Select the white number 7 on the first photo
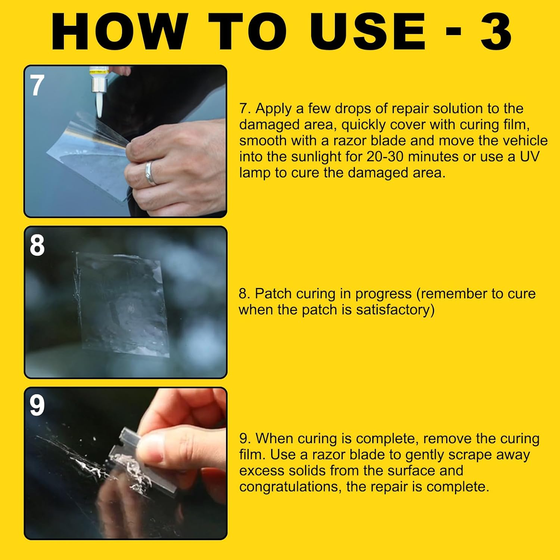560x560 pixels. (x=37, y=85)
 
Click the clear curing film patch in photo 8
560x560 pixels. (x=123, y=302)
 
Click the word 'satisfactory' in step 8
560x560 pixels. (x=395, y=310)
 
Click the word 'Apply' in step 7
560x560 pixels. (x=274, y=109)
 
